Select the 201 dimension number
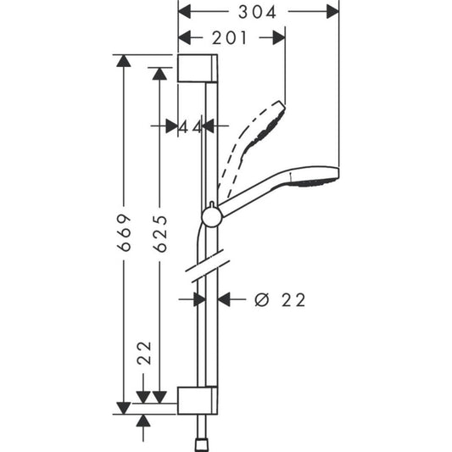click(228, 37)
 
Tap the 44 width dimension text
click(191, 126)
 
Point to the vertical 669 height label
click(125, 231)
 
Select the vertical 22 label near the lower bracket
click(143, 352)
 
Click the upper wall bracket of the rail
click(198, 68)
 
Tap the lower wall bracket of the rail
click(198, 400)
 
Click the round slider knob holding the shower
click(211, 217)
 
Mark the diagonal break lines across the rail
click(206, 268)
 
